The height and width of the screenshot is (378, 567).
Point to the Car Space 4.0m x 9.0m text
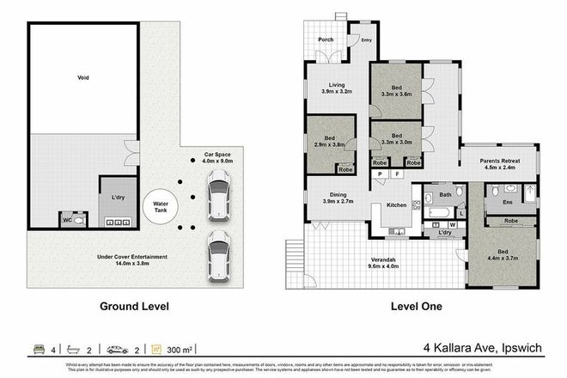coord(216,155)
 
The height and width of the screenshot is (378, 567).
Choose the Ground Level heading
coord(134,306)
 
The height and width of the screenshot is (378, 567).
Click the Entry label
coord(367,40)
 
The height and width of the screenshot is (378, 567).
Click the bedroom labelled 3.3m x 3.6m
coord(396,91)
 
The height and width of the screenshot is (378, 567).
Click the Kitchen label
coord(395,205)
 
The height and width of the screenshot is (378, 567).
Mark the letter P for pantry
coord(379,174)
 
